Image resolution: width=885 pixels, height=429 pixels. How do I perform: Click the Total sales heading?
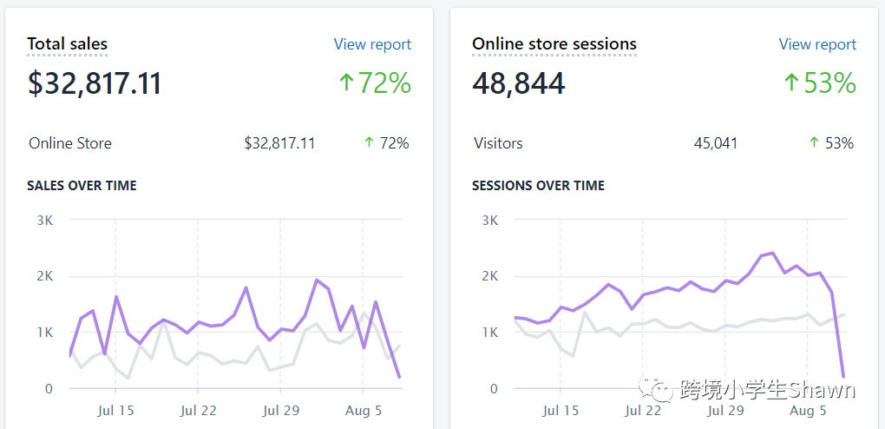pyautogui.click(x=67, y=43)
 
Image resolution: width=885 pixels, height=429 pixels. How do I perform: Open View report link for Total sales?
pyautogui.click(x=372, y=44)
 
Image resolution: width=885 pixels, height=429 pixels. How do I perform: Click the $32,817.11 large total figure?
pyautogui.click(x=95, y=84)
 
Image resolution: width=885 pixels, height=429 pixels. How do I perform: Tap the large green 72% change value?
pyautogui.click(x=374, y=83)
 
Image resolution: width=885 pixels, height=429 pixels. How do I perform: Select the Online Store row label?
pyautogui.click(x=69, y=143)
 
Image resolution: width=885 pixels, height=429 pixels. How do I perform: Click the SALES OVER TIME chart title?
pyautogui.click(x=82, y=186)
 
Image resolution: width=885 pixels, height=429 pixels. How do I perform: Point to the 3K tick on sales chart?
pyautogui.click(x=44, y=220)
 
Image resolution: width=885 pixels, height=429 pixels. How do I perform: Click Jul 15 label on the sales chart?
pyautogui.click(x=115, y=411)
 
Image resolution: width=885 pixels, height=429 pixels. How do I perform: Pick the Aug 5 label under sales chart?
pyautogui.click(x=364, y=411)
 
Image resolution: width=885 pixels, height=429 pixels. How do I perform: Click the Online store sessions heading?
pyautogui.click(x=554, y=43)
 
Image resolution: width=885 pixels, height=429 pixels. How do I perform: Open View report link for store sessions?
pyautogui.click(x=817, y=44)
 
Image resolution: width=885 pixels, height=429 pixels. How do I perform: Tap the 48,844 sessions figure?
pyautogui.click(x=518, y=84)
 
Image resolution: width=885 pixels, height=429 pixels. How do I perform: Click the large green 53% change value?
pyautogui.click(x=819, y=83)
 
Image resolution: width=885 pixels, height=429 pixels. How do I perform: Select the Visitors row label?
pyautogui.click(x=498, y=143)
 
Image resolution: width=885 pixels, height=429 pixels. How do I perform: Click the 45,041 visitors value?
pyautogui.click(x=716, y=143)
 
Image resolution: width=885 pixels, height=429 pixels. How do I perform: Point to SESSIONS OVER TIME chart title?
pyautogui.click(x=538, y=186)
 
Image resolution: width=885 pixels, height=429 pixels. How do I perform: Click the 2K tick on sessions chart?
pyautogui.click(x=489, y=276)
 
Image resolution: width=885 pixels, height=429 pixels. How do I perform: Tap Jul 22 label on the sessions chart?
pyautogui.click(x=643, y=411)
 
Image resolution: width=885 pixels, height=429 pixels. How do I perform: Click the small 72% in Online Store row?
pyautogui.click(x=386, y=143)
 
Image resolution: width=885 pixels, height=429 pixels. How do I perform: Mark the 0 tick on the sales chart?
pyautogui.click(x=49, y=388)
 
